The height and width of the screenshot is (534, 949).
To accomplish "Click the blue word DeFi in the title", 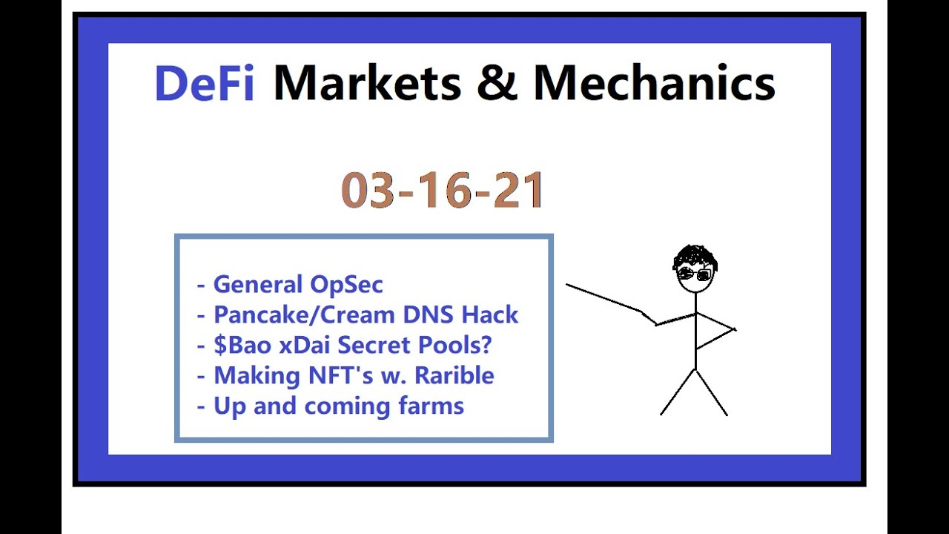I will tap(204, 83).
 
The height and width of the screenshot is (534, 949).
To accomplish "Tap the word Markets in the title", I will tap(367, 83).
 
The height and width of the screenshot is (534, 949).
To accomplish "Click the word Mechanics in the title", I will tap(654, 83).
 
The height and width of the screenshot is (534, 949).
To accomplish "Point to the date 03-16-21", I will tap(443, 191).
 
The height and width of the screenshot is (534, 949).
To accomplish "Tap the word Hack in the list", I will tap(490, 314).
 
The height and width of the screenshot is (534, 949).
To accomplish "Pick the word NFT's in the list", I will tap(332, 375).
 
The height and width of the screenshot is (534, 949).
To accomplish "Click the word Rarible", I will tap(454, 375).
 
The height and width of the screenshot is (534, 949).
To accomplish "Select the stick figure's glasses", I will tap(694, 275).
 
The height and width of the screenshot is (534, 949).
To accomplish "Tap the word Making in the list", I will tap(248, 376).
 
